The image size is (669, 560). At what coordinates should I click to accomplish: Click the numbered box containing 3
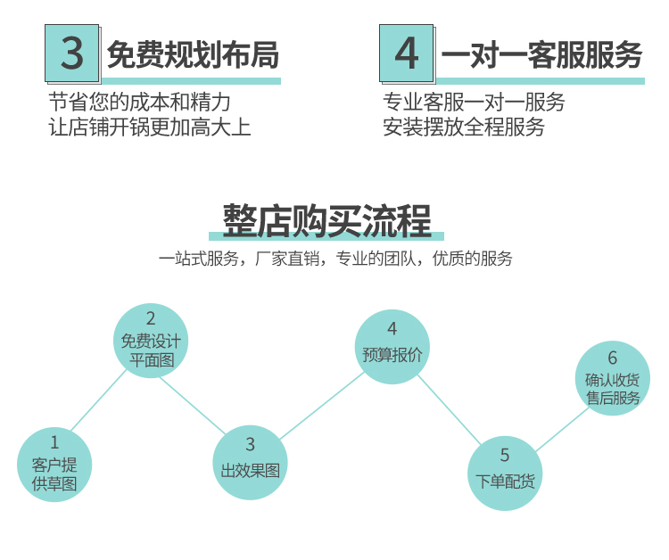coord(71,54)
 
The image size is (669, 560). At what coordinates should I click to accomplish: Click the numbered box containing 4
coord(406,54)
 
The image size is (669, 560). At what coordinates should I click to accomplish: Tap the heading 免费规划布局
coord(193,56)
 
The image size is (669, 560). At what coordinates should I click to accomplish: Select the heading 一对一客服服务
coord(541,55)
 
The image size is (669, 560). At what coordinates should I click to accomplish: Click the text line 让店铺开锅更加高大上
coord(149,127)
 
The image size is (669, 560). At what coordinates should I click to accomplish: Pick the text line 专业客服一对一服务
coord(474,102)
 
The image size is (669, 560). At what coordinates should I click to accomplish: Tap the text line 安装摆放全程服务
coord(464,127)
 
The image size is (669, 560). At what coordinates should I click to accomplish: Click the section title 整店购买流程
coord(326,220)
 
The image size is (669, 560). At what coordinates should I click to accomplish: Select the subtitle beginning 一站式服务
coord(335,259)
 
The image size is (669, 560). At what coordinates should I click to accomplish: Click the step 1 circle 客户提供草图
coord(54,464)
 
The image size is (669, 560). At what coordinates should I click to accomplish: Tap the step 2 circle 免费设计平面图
coord(151,341)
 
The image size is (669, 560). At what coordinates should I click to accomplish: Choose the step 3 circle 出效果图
coord(250,462)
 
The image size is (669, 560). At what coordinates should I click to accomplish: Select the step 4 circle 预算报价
coord(392,346)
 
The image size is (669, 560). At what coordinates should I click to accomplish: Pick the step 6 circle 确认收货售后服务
coord(612,378)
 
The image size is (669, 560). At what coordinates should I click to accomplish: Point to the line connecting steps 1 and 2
coord(99,400)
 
